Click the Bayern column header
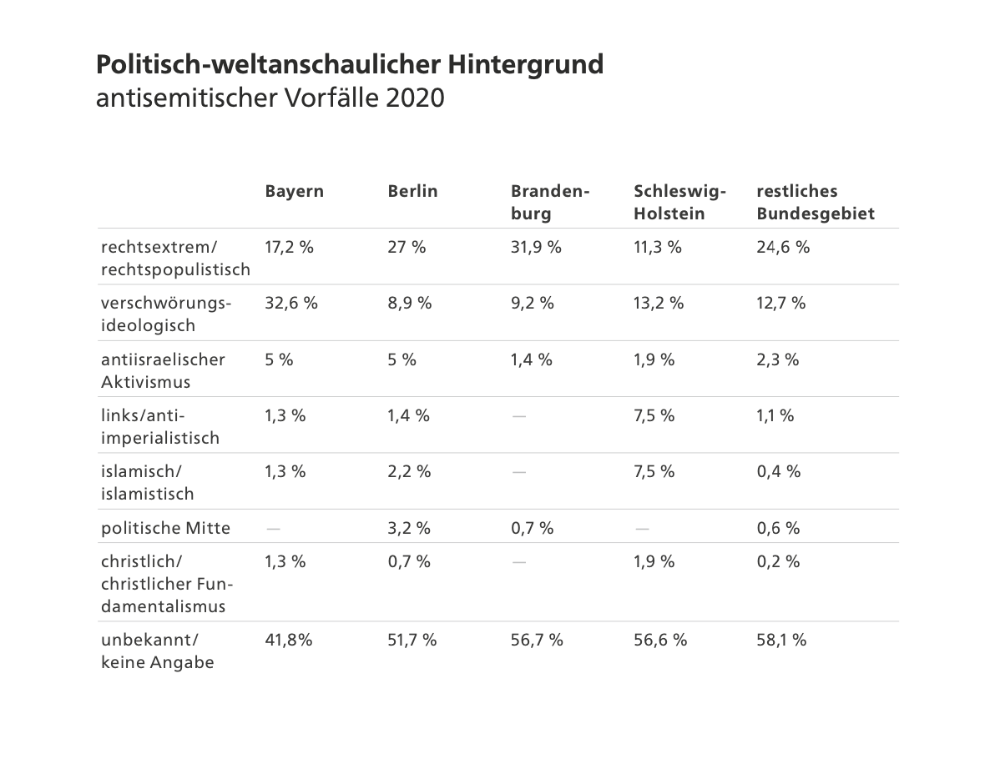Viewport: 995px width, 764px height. tap(294, 191)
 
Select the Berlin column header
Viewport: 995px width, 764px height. tap(412, 191)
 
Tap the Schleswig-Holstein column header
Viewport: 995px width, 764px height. tap(679, 202)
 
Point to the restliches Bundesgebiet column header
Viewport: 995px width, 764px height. tap(815, 202)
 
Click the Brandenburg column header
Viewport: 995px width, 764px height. tap(550, 202)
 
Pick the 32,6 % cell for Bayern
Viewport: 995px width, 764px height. tap(291, 303)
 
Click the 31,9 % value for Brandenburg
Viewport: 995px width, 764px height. tap(536, 247)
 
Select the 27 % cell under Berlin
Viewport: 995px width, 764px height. tap(407, 247)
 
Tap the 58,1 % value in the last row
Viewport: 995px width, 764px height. tap(781, 640)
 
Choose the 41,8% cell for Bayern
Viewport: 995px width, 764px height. tap(289, 640)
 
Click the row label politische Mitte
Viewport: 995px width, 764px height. tap(165, 528)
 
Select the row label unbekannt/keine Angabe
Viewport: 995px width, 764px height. tap(157, 651)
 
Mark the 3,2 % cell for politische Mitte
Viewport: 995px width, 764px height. tap(409, 528)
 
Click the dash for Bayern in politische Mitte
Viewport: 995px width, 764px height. tap(272, 528)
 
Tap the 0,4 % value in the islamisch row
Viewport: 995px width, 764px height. tap(778, 471)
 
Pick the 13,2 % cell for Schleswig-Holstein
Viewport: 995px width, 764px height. tap(659, 303)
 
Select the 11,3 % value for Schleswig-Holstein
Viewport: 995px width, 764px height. tap(658, 247)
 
